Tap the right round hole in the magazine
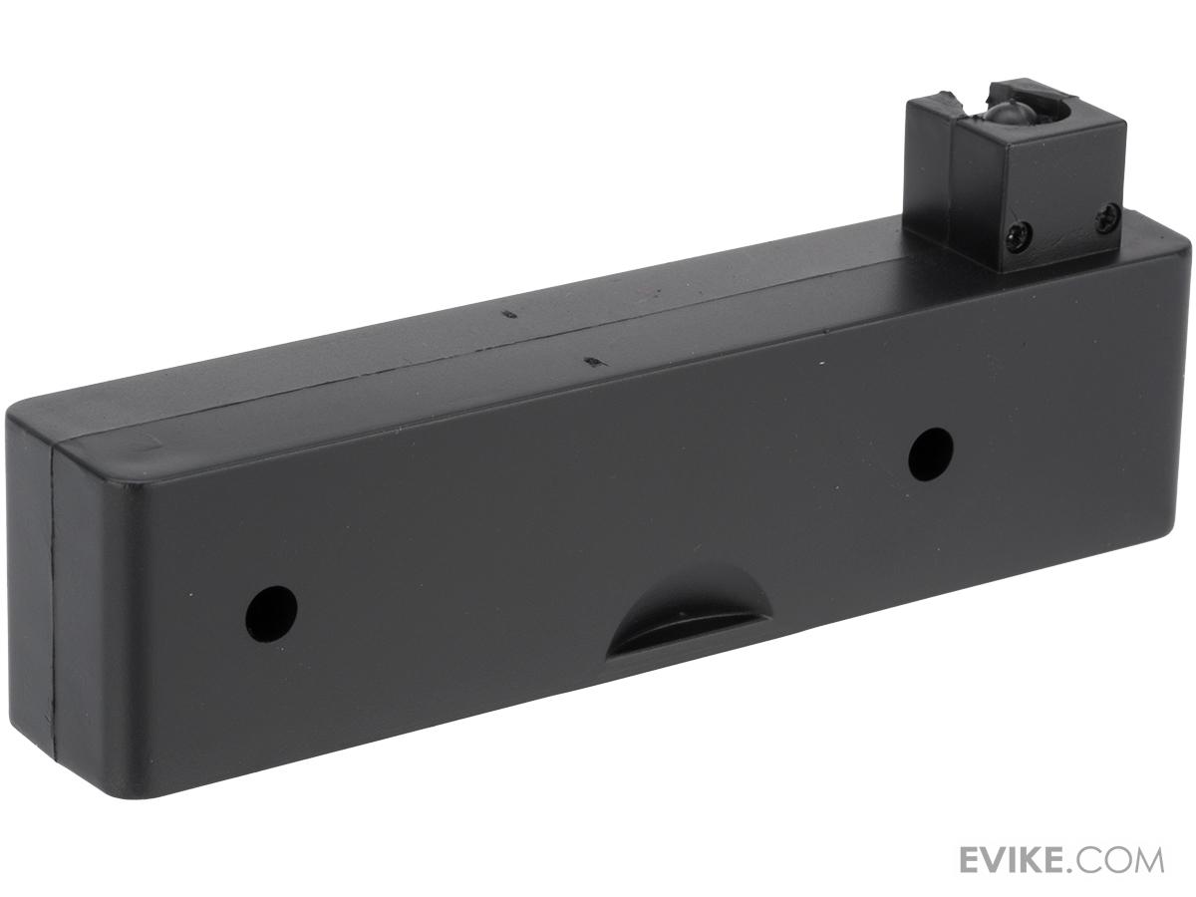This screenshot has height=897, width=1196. (931, 454)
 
